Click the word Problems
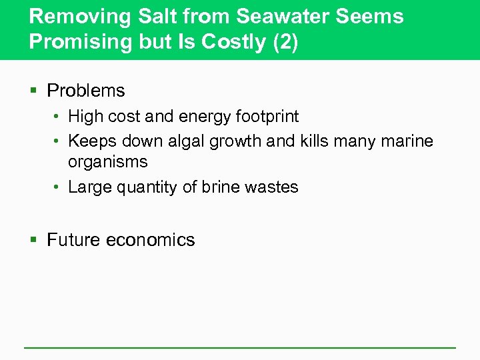[86, 91]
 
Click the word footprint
[267, 117]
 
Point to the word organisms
[108, 163]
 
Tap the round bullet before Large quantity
[58, 187]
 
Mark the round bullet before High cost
[58, 117]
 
